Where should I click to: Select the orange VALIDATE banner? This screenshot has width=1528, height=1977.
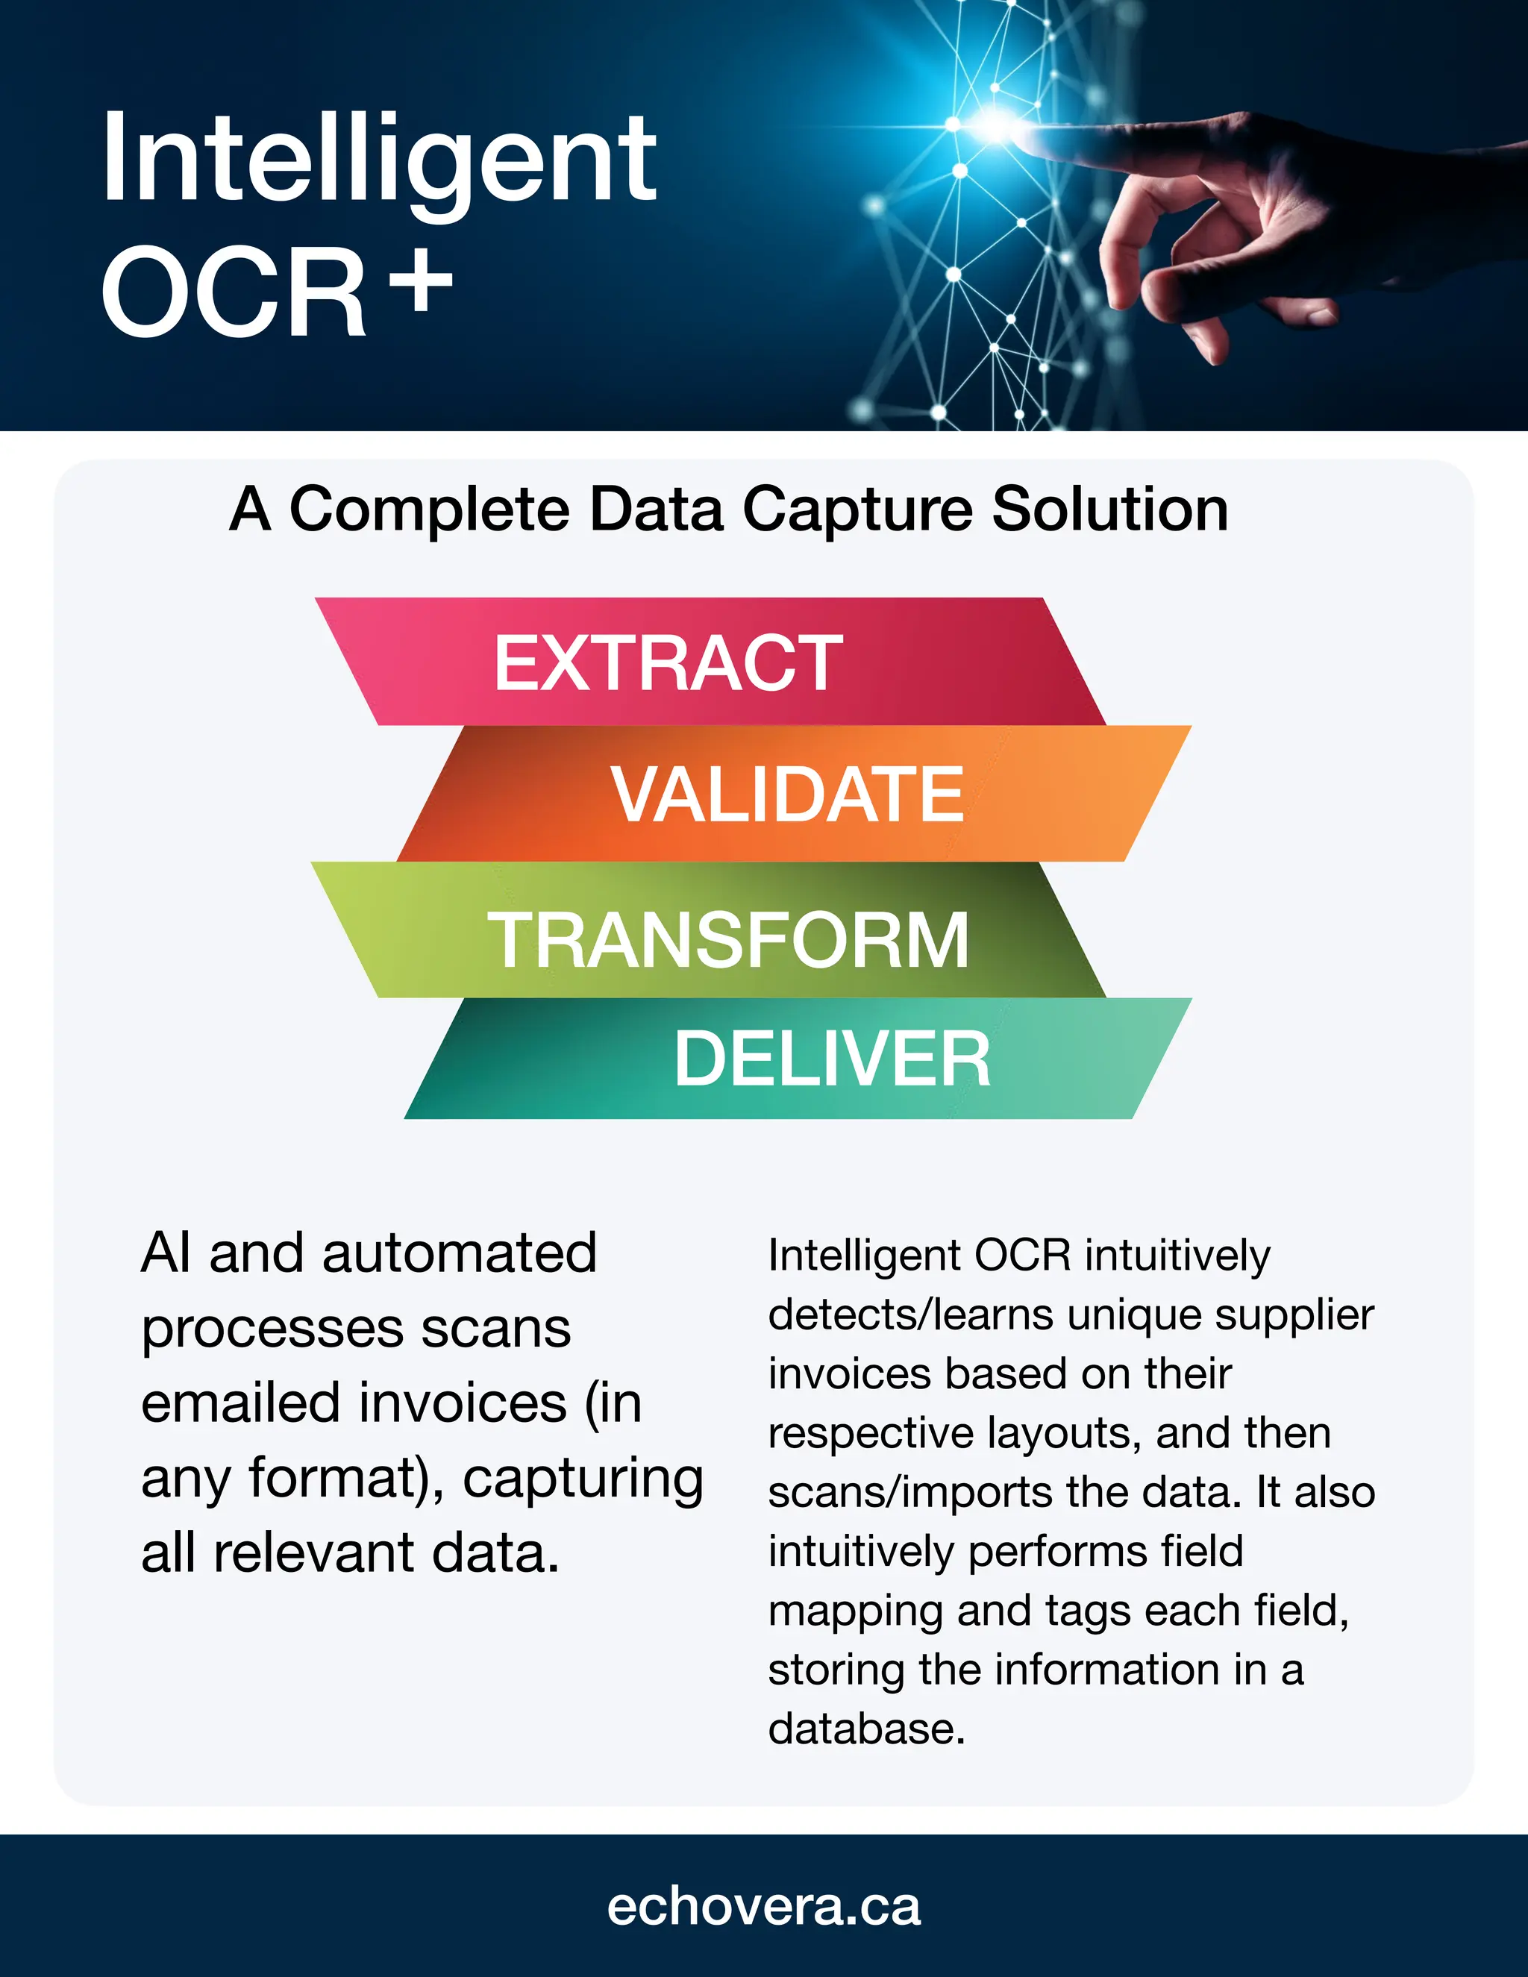[788, 794]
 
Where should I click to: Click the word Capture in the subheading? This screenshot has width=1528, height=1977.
[857, 510]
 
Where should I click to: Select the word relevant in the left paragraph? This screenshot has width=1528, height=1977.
[315, 1553]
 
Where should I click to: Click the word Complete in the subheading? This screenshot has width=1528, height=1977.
[429, 510]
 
